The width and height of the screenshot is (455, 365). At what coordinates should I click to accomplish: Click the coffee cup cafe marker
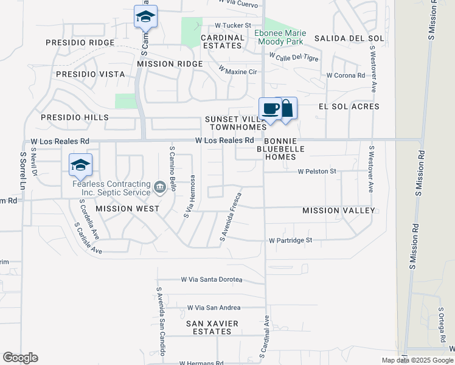(271, 109)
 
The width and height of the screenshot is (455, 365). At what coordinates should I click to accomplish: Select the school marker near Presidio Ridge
(145, 16)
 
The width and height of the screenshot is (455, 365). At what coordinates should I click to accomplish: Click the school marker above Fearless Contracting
(80, 165)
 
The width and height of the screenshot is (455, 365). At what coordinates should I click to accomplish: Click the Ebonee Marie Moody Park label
(280, 38)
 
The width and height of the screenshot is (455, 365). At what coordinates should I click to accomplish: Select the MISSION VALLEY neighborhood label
(339, 210)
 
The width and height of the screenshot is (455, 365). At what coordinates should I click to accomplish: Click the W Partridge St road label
(290, 240)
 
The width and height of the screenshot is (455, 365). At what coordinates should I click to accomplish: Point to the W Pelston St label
(317, 172)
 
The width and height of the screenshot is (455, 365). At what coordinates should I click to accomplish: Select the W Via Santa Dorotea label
(212, 280)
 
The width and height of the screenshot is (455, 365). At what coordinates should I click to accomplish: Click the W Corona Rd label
(346, 75)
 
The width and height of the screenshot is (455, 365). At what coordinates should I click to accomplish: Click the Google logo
(20, 358)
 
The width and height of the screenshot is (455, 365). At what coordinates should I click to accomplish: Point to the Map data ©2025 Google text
(416, 360)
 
